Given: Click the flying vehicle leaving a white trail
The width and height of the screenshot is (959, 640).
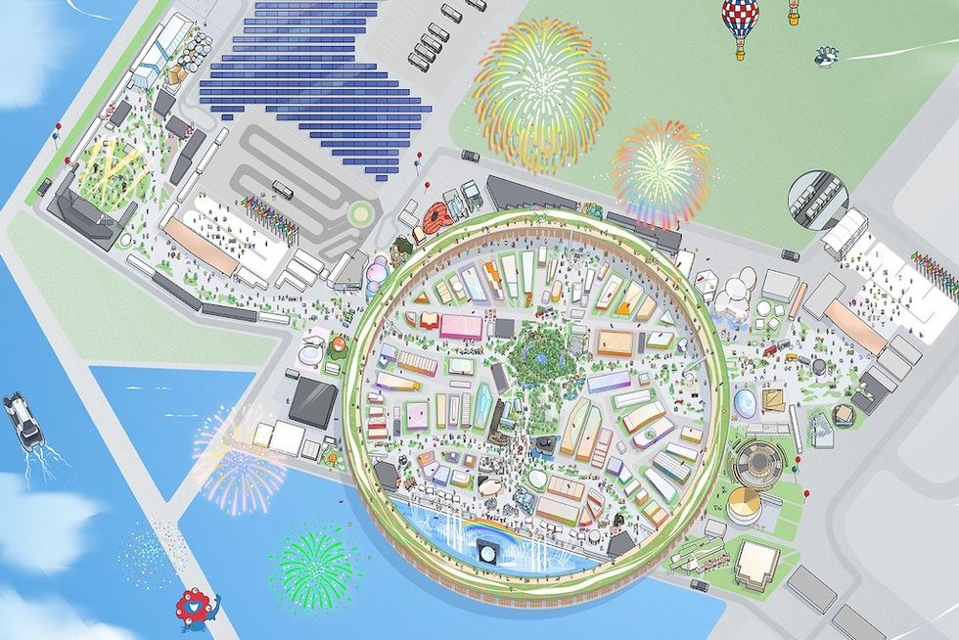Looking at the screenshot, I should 828,57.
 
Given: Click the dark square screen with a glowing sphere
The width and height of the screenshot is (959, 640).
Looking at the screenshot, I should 485,555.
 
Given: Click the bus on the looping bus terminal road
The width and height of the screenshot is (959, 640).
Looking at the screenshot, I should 283,190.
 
